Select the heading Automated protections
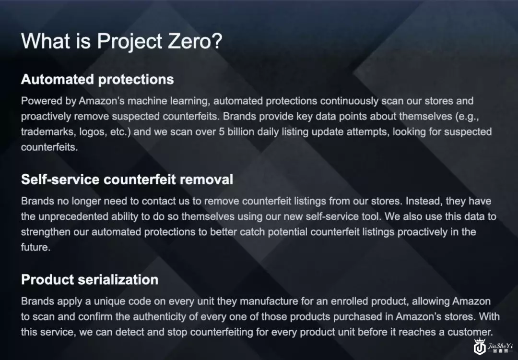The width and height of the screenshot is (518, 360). click(97, 79)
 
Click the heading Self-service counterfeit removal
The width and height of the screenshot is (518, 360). click(127, 180)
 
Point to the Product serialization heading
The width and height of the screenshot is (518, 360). click(90, 280)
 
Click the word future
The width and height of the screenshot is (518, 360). click(35, 247)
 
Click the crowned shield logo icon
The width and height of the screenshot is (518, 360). click(480, 347)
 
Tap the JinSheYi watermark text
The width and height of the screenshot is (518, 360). click(500, 346)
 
